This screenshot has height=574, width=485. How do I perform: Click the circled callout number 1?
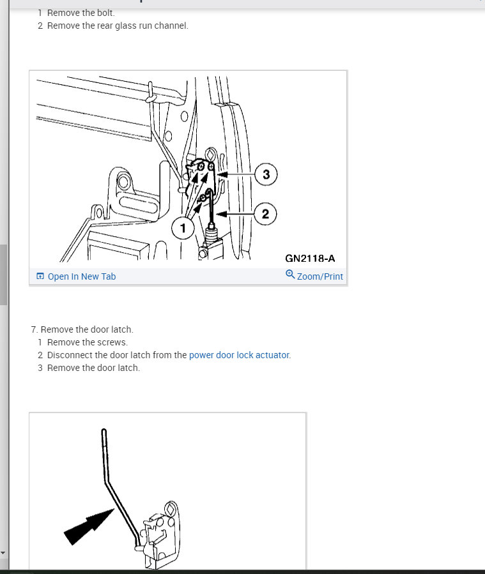pyautogui.click(x=183, y=228)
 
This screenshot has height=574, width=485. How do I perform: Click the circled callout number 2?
pyautogui.click(x=266, y=214)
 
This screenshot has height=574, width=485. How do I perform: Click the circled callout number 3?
pyautogui.click(x=266, y=174)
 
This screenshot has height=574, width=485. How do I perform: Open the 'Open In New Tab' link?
pyautogui.click(x=82, y=276)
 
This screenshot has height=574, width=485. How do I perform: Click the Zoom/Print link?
pyautogui.click(x=319, y=276)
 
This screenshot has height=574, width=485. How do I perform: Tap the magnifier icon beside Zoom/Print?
pyautogui.click(x=290, y=274)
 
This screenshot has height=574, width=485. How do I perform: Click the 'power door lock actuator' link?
pyautogui.click(x=239, y=355)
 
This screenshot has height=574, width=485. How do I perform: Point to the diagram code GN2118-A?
pyautogui.click(x=310, y=259)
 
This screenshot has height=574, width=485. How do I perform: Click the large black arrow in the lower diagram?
pyautogui.click(x=89, y=526)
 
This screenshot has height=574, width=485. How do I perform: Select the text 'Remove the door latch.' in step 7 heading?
pyautogui.click(x=87, y=329)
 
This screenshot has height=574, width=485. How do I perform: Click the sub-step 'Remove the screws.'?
pyautogui.click(x=88, y=342)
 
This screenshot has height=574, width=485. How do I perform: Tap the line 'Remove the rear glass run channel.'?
pyautogui.click(x=118, y=26)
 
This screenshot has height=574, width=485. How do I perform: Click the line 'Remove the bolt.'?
pyautogui.click(x=81, y=13)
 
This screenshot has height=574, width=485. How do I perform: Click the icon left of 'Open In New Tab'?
pyautogui.click(x=40, y=276)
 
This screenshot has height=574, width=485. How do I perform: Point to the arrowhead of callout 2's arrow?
pyautogui.click(x=219, y=214)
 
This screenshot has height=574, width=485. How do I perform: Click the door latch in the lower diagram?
pyautogui.click(x=160, y=534)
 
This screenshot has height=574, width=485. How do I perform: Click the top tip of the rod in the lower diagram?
pyautogui.click(x=104, y=430)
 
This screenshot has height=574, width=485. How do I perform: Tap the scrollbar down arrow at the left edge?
pyautogui.click(x=3, y=553)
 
